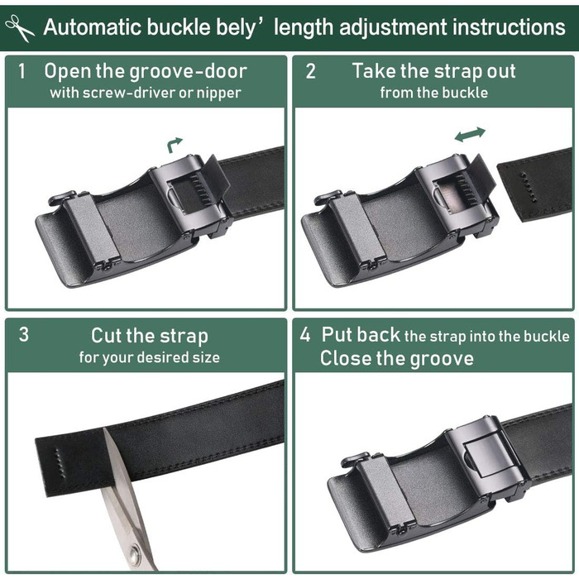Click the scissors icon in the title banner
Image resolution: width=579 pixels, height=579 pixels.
coord(19,28)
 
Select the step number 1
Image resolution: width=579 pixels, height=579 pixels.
coord(22,71)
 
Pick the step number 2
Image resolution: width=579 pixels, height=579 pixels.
coord(310,71)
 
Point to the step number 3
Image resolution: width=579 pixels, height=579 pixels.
coord(24,334)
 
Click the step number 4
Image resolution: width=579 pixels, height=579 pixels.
coord(305,334)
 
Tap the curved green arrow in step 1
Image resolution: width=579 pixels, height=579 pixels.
coord(174,145)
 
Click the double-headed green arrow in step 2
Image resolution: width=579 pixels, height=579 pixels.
coord(470,134)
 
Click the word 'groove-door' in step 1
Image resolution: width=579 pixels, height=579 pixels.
coord(189,72)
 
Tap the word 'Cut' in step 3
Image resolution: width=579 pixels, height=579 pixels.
coord(106,335)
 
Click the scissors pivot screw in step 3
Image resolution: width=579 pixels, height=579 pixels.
coord(134,555)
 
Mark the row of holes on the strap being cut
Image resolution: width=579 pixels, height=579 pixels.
coord(59,463)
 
